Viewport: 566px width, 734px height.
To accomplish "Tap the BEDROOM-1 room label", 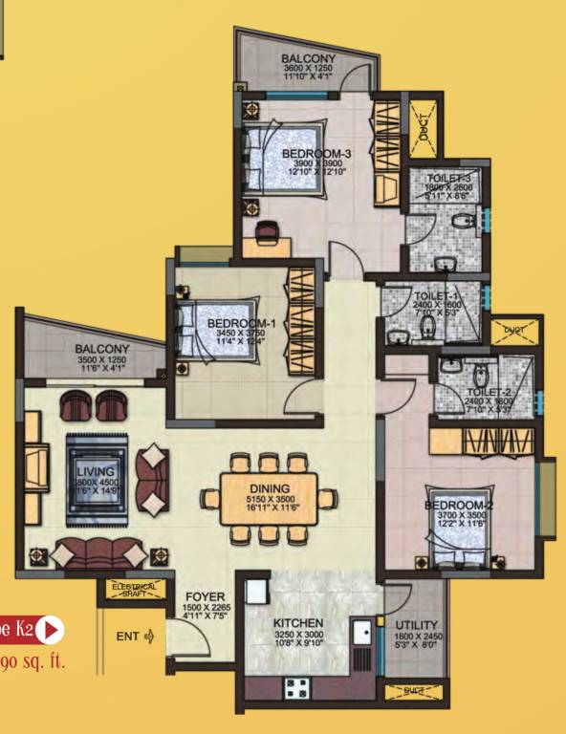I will tap(241, 323).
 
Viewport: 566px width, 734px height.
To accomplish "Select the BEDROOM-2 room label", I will tap(459, 505).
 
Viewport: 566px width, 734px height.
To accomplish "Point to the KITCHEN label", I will tap(296, 623).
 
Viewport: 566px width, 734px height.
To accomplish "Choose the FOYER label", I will tap(205, 597).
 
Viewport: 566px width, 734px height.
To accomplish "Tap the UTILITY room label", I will tap(417, 625).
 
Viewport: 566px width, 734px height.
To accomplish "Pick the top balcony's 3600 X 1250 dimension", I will tap(308, 70).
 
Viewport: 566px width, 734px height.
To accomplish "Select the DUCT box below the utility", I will tap(415, 690).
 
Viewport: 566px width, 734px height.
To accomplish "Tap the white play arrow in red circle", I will tap(49, 630).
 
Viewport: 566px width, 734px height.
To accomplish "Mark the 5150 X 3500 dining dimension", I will tap(269, 499).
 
